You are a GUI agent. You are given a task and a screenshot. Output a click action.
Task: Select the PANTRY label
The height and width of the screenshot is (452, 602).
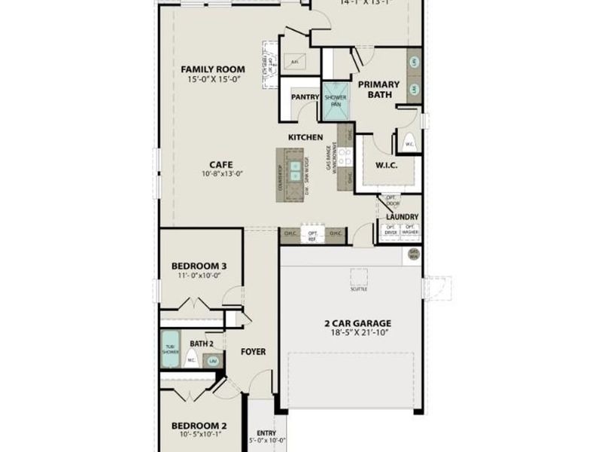[305, 96]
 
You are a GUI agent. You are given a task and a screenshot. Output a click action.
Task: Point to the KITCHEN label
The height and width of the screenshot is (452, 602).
[306, 137]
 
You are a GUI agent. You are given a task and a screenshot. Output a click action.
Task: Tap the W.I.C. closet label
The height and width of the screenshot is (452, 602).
[386, 165]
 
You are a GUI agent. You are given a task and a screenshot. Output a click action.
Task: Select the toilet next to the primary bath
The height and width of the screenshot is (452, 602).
[410, 141]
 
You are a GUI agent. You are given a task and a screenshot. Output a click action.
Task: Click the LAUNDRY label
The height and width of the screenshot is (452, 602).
[402, 217]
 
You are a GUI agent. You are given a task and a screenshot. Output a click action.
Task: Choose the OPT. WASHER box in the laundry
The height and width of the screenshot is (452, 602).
[410, 231]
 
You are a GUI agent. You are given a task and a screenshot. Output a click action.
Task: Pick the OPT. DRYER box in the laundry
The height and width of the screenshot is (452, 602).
[391, 231]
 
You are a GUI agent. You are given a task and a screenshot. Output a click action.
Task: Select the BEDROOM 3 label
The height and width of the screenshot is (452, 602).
[199, 266]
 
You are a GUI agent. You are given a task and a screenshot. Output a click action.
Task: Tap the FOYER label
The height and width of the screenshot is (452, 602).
[253, 352]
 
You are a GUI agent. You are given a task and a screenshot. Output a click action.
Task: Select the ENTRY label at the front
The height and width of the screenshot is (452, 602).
[266, 432]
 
